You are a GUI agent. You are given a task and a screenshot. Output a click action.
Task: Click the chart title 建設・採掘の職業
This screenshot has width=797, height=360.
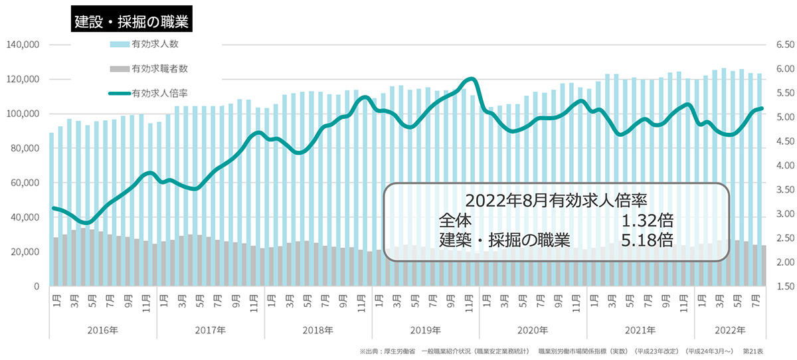(x=131, y=21)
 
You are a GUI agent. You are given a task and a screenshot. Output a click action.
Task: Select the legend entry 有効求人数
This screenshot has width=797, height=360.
(x=155, y=45)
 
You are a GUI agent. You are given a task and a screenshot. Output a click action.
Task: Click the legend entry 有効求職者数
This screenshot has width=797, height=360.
(x=159, y=68)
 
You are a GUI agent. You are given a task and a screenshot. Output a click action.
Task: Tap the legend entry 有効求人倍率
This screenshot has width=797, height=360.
(x=159, y=92)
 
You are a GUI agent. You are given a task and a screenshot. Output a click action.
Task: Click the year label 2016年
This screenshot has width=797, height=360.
(x=104, y=330)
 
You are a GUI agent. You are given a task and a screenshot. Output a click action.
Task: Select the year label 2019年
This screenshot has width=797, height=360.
(x=426, y=330)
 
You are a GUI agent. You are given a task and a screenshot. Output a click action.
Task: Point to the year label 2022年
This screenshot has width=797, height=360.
(x=731, y=330)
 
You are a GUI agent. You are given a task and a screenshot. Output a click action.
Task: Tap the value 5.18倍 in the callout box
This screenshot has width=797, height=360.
(x=647, y=240)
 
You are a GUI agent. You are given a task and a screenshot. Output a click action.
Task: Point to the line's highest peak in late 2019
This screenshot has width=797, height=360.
(x=470, y=79)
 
